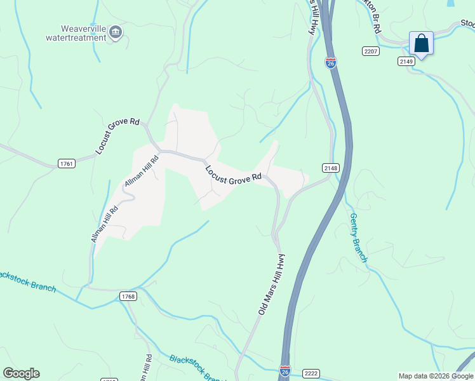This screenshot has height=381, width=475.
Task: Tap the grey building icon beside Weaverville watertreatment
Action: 116,32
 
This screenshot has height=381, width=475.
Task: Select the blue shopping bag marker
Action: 421,43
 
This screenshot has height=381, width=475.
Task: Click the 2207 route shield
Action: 371,50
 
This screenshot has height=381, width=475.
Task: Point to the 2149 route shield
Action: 406,61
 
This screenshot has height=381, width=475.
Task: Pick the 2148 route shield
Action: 331,168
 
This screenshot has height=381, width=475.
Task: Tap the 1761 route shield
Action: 67,164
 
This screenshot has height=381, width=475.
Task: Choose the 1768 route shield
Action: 128,296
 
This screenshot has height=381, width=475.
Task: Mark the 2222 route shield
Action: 311,373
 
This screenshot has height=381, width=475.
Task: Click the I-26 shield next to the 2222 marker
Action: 284,370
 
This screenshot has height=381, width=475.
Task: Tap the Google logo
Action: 21,373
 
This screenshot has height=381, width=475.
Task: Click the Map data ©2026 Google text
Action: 436,376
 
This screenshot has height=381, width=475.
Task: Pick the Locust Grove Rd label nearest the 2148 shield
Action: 233,175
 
